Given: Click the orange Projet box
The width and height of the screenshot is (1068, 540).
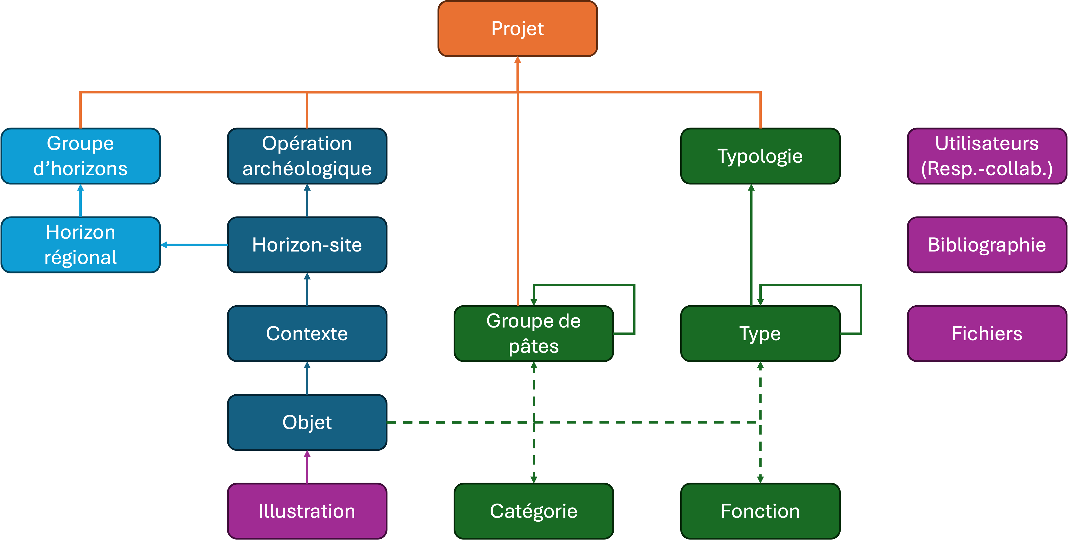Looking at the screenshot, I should coord(517,29).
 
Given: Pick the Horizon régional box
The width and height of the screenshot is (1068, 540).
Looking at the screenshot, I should coord(80,245).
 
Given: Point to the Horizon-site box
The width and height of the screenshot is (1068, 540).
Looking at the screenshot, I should coord(307,245).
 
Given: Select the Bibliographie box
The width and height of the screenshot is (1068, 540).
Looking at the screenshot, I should coord(987,245).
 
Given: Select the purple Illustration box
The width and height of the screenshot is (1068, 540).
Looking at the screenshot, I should coord(307,511).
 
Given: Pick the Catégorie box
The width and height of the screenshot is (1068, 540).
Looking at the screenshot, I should coord(533,511).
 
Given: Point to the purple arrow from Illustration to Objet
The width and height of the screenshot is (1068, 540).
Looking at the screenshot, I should coord(307,467).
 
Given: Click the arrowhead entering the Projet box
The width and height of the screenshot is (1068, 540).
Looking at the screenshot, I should coord(517,60).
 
